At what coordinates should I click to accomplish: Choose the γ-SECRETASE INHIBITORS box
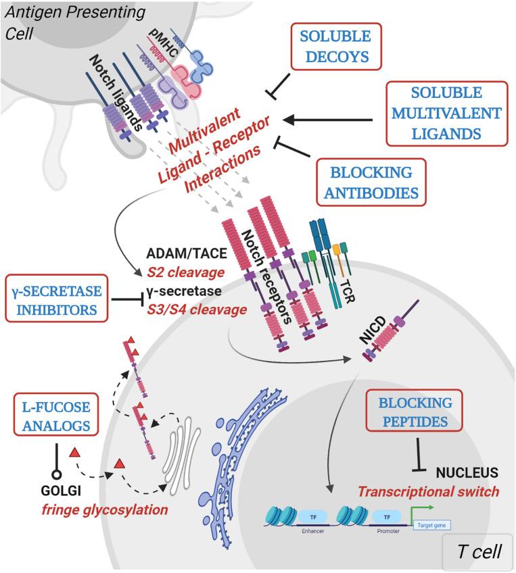[x=66, y=299]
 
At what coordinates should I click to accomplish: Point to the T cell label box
[x=473, y=551]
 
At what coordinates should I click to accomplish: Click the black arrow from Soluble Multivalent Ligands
[x=327, y=120]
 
